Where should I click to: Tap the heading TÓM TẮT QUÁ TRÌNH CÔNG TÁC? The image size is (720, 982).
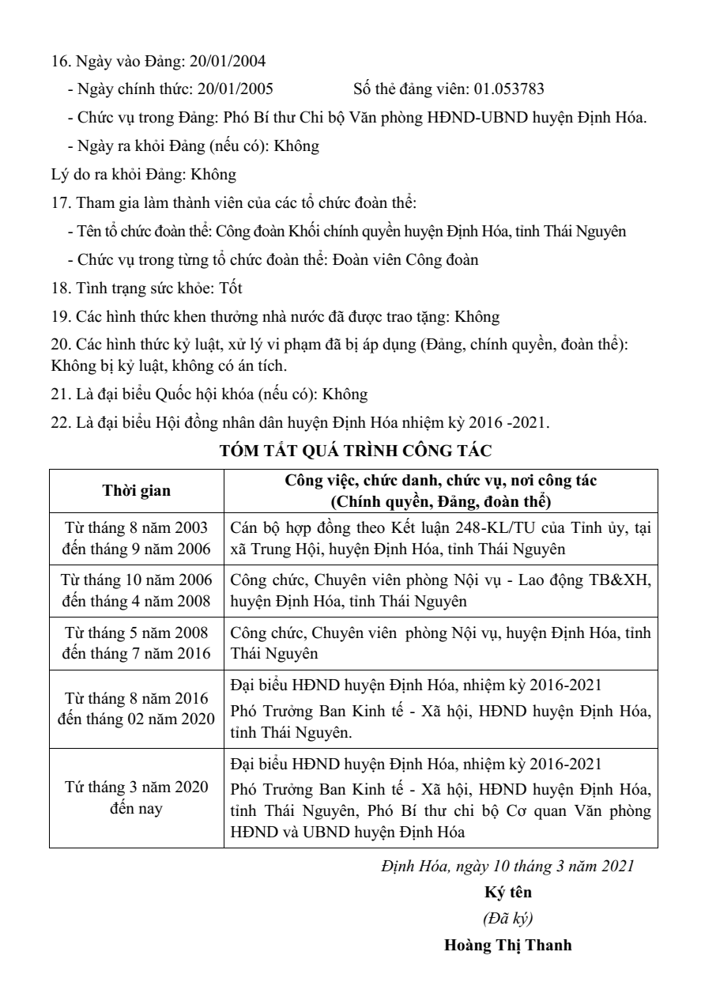(x=356, y=451)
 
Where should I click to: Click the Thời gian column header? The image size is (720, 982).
(x=137, y=490)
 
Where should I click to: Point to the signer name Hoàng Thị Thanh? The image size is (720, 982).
(x=507, y=944)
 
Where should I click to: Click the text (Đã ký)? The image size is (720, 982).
(x=507, y=917)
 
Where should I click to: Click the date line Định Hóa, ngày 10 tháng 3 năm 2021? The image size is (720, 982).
(x=507, y=865)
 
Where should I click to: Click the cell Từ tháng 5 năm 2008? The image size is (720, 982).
(x=137, y=633)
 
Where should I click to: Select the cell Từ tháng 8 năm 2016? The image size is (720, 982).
(x=137, y=699)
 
